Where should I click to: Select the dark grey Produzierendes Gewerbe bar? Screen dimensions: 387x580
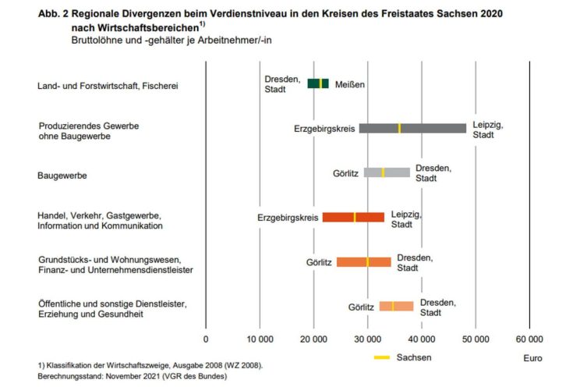[412, 128]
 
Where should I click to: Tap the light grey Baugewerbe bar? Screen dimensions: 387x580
[387, 172]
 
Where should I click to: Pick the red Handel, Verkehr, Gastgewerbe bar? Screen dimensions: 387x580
[353, 217]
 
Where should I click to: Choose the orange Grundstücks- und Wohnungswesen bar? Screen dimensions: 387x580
[363, 262]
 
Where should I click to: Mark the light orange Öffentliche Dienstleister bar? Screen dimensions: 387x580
[396, 307]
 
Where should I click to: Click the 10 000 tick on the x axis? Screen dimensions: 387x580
[260, 339]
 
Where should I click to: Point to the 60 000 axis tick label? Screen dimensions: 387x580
[529, 339]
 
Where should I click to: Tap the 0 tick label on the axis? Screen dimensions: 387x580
[206, 339]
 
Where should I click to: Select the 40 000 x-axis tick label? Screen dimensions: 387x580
[422, 339]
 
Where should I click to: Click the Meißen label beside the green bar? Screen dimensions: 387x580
[350, 84]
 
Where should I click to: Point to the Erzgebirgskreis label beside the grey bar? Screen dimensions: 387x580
[324, 128]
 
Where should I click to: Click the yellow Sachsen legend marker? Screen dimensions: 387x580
[381, 357]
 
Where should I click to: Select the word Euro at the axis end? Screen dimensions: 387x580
[533, 358]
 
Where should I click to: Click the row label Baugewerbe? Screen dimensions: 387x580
[62, 176]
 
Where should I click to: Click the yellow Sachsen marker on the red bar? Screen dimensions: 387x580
[355, 217]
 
